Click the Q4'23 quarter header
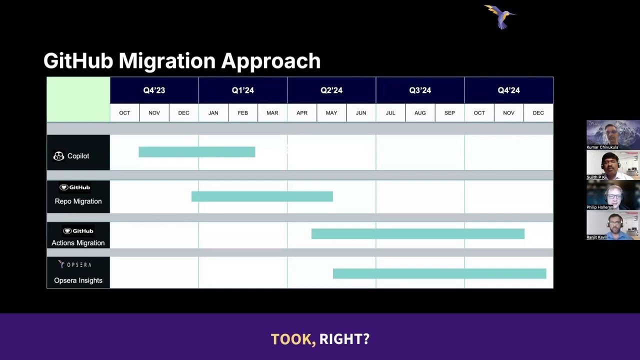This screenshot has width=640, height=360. (x=154, y=90)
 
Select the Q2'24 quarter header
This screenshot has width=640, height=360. (x=331, y=90)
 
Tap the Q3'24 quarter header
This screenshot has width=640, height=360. (x=420, y=90)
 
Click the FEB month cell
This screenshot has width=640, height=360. (x=242, y=113)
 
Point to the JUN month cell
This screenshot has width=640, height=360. (x=361, y=113)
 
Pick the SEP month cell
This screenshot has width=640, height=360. (x=449, y=113)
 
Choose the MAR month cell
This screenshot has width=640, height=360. (x=272, y=113)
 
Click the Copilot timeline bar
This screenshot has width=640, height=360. (x=196, y=152)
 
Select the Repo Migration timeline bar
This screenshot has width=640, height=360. (x=262, y=196)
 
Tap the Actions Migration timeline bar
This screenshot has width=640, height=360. (x=417, y=233)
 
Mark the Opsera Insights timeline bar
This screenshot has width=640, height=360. (x=439, y=273)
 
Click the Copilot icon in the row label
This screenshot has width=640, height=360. (x=58, y=156)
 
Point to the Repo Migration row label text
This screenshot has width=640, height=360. (x=78, y=201)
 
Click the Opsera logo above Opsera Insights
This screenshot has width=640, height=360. (x=75, y=264)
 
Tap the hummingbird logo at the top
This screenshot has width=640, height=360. (x=500, y=16)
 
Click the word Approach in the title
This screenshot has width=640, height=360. (x=270, y=61)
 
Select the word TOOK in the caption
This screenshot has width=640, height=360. (x=293, y=339)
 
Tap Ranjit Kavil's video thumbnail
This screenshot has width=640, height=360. (x=612, y=223)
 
